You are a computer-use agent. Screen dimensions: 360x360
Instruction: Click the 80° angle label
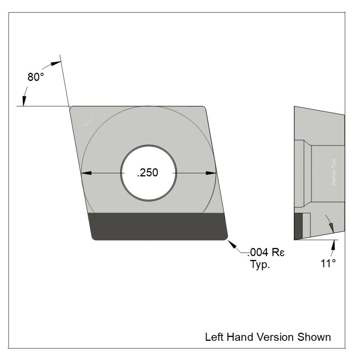36,77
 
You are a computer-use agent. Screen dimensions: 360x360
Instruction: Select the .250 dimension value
147,173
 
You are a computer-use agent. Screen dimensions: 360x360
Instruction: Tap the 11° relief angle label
328,263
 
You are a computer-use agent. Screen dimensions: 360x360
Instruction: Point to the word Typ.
260,265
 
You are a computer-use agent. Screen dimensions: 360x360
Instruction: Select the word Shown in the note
314,337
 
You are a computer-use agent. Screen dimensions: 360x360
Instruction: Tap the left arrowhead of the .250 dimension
86,173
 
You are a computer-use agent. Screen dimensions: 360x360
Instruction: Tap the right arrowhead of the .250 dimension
211,173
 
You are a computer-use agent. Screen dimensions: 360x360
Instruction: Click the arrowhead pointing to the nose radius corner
231,244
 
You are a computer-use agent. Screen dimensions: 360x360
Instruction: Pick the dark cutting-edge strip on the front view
158,226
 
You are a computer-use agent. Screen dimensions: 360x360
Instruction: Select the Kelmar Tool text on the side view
333,172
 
